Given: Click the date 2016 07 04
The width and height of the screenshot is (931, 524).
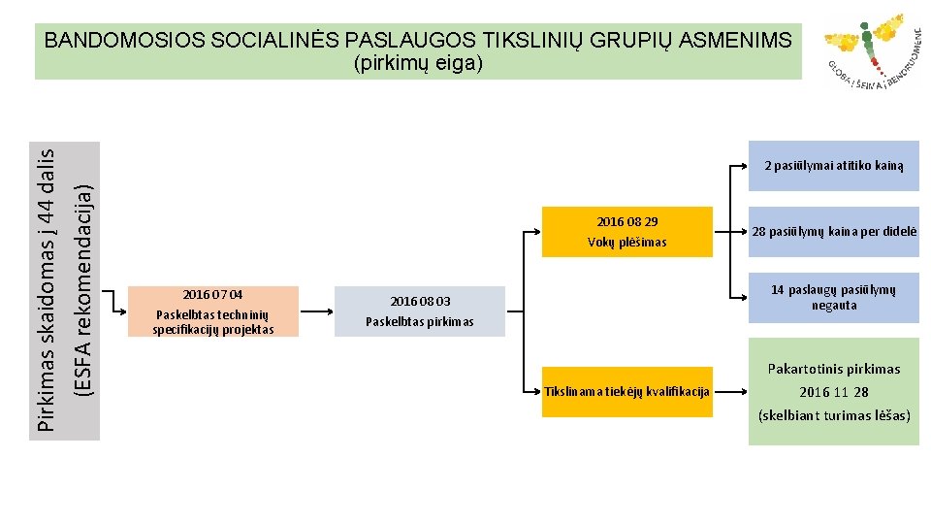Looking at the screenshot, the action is [x=212, y=294].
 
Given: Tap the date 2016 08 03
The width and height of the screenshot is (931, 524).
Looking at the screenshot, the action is [x=420, y=302].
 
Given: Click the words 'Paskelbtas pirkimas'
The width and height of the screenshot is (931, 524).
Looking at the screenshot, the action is [x=420, y=321].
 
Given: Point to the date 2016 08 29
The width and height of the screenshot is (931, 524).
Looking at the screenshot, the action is [x=626, y=221].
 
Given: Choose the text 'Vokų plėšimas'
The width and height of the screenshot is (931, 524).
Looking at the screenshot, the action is [x=626, y=242].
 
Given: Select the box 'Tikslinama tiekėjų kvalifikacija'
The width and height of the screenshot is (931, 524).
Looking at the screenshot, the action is [x=627, y=392].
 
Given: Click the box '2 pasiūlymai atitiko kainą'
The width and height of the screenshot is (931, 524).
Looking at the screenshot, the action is [x=833, y=165].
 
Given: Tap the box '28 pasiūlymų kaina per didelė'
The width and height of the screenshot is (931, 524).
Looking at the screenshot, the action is [x=833, y=232].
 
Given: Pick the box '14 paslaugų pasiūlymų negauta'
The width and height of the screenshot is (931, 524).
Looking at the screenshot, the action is [x=833, y=297].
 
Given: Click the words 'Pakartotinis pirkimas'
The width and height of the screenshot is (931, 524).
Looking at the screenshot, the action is [x=833, y=369].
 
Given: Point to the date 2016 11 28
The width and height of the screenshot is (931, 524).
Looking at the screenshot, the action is [x=833, y=392].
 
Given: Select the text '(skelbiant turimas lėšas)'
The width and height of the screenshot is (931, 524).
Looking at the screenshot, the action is [x=833, y=415].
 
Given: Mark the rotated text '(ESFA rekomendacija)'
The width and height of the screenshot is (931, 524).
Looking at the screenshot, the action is [x=84, y=289].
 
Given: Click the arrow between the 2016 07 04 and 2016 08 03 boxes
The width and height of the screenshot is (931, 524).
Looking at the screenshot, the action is [x=316, y=311].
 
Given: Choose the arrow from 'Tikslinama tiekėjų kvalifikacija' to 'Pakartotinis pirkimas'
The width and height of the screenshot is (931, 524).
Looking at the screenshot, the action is [x=730, y=392].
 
